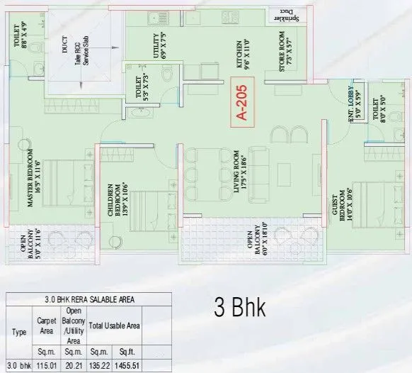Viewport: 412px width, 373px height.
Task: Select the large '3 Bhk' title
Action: (240, 308)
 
